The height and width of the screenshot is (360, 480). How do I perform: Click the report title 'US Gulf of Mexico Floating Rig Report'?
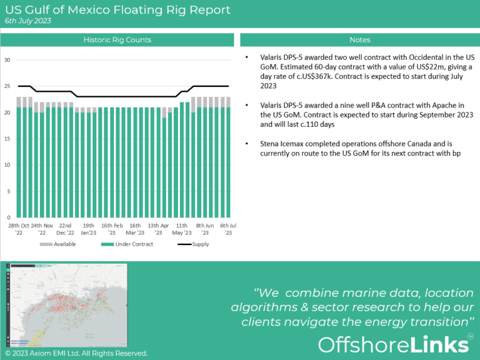click(x=117, y=10)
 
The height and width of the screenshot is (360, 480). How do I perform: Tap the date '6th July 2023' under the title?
click(x=28, y=21)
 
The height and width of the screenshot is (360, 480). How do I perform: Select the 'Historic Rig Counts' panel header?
click(x=117, y=40)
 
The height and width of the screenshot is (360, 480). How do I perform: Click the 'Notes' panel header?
click(x=360, y=40)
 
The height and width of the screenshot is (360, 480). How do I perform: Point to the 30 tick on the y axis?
click(x=7, y=60)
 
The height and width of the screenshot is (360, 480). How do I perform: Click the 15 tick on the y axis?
click(x=7, y=139)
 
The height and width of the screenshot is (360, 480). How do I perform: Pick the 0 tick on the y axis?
click(x=9, y=217)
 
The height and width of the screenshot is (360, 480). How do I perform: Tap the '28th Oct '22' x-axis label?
click(x=19, y=229)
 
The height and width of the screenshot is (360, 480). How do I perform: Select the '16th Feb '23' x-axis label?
click(x=112, y=229)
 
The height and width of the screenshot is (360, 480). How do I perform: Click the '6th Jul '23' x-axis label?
click(x=227, y=229)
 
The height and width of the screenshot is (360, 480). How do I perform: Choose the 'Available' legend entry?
click(x=61, y=244)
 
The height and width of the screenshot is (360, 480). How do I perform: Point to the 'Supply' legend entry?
click(x=201, y=244)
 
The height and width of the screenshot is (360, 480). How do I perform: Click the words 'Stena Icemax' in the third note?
click(x=282, y=143)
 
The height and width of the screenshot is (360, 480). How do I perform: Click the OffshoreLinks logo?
click(x=394, y=345)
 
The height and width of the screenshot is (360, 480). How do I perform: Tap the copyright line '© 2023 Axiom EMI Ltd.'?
click(x=76, y=354)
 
